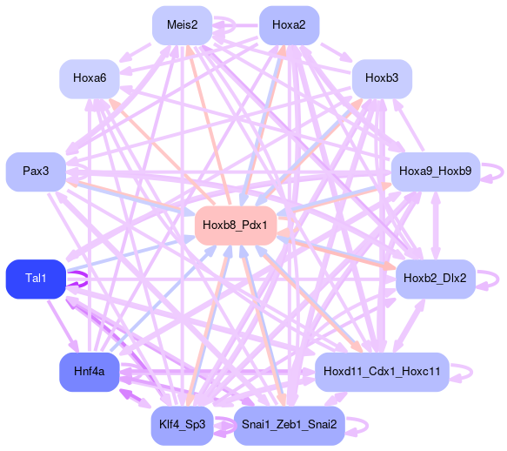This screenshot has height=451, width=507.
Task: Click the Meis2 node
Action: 182,25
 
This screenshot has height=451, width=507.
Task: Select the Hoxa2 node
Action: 289,25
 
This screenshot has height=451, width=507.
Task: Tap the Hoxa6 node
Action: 90,78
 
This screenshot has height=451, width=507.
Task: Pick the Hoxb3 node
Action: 382,78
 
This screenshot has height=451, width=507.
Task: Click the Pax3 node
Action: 36,172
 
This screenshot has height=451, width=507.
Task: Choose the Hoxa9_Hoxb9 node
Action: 436,172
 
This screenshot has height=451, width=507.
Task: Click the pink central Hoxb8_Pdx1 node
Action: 236,225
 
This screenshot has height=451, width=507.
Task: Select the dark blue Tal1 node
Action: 36,279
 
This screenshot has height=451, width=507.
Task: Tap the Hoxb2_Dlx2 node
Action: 436,279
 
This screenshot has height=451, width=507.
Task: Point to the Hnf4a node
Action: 90,372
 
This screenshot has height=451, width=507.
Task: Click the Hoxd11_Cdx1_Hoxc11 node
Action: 382,372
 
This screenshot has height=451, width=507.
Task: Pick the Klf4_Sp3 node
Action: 182,426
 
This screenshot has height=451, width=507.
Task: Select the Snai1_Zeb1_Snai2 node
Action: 289,426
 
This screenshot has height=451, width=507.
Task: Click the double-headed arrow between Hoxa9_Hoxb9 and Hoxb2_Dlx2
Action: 436,225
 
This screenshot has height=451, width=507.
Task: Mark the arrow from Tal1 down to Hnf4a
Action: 63,326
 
